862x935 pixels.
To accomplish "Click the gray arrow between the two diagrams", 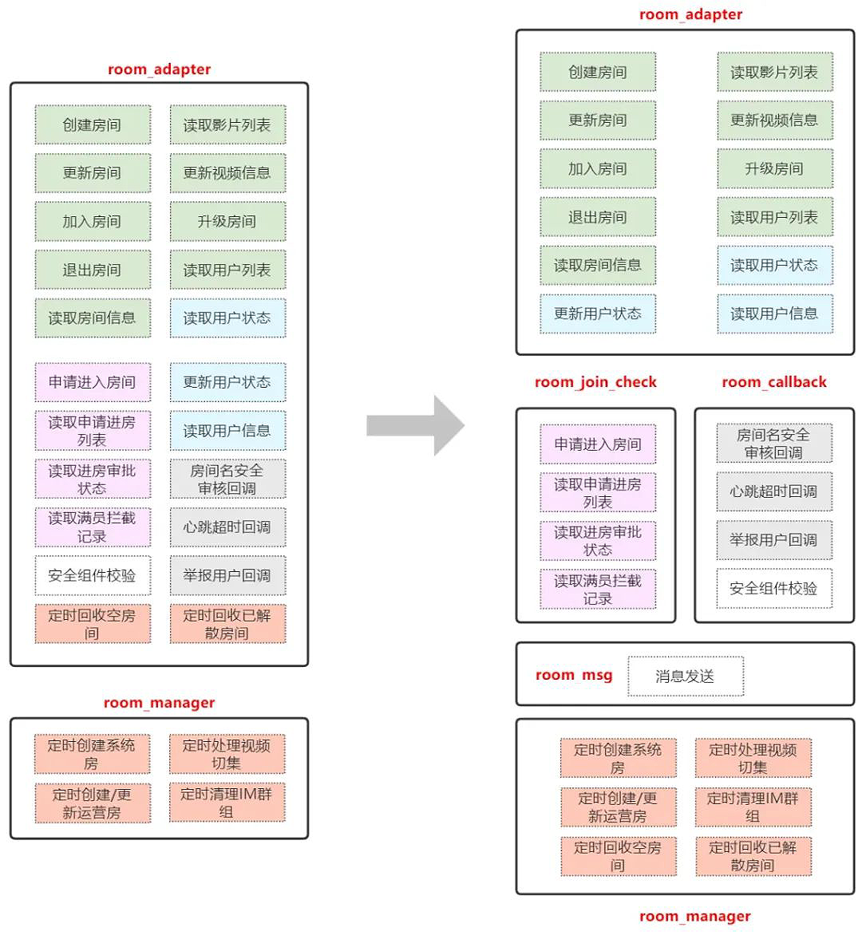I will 415,425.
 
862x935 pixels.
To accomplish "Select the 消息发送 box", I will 685,677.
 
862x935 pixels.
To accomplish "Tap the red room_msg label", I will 574,675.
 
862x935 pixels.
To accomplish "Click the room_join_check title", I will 595,382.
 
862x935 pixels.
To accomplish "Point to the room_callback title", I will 773,382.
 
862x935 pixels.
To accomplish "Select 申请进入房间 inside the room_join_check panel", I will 598,444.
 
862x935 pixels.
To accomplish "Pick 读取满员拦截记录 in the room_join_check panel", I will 598,590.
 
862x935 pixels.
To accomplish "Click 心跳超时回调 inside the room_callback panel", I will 773,491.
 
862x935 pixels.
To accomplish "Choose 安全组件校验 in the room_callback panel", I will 773,589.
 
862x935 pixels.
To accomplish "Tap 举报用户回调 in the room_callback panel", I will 773,540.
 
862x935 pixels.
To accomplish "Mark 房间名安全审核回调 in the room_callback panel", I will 773,444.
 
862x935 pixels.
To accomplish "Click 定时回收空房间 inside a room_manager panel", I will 618,856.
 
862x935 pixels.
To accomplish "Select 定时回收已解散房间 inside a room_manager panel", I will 753,856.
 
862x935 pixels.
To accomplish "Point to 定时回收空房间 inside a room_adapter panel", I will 93,624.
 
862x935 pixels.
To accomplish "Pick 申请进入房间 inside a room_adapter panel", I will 93,382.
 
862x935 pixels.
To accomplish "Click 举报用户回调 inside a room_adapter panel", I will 227,575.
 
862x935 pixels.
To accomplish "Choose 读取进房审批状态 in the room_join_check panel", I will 598,541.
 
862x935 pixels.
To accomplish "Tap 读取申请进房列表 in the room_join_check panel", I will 598,492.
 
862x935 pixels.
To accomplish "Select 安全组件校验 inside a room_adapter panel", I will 93,575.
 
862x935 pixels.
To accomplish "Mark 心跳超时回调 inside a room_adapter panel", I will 227,527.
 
